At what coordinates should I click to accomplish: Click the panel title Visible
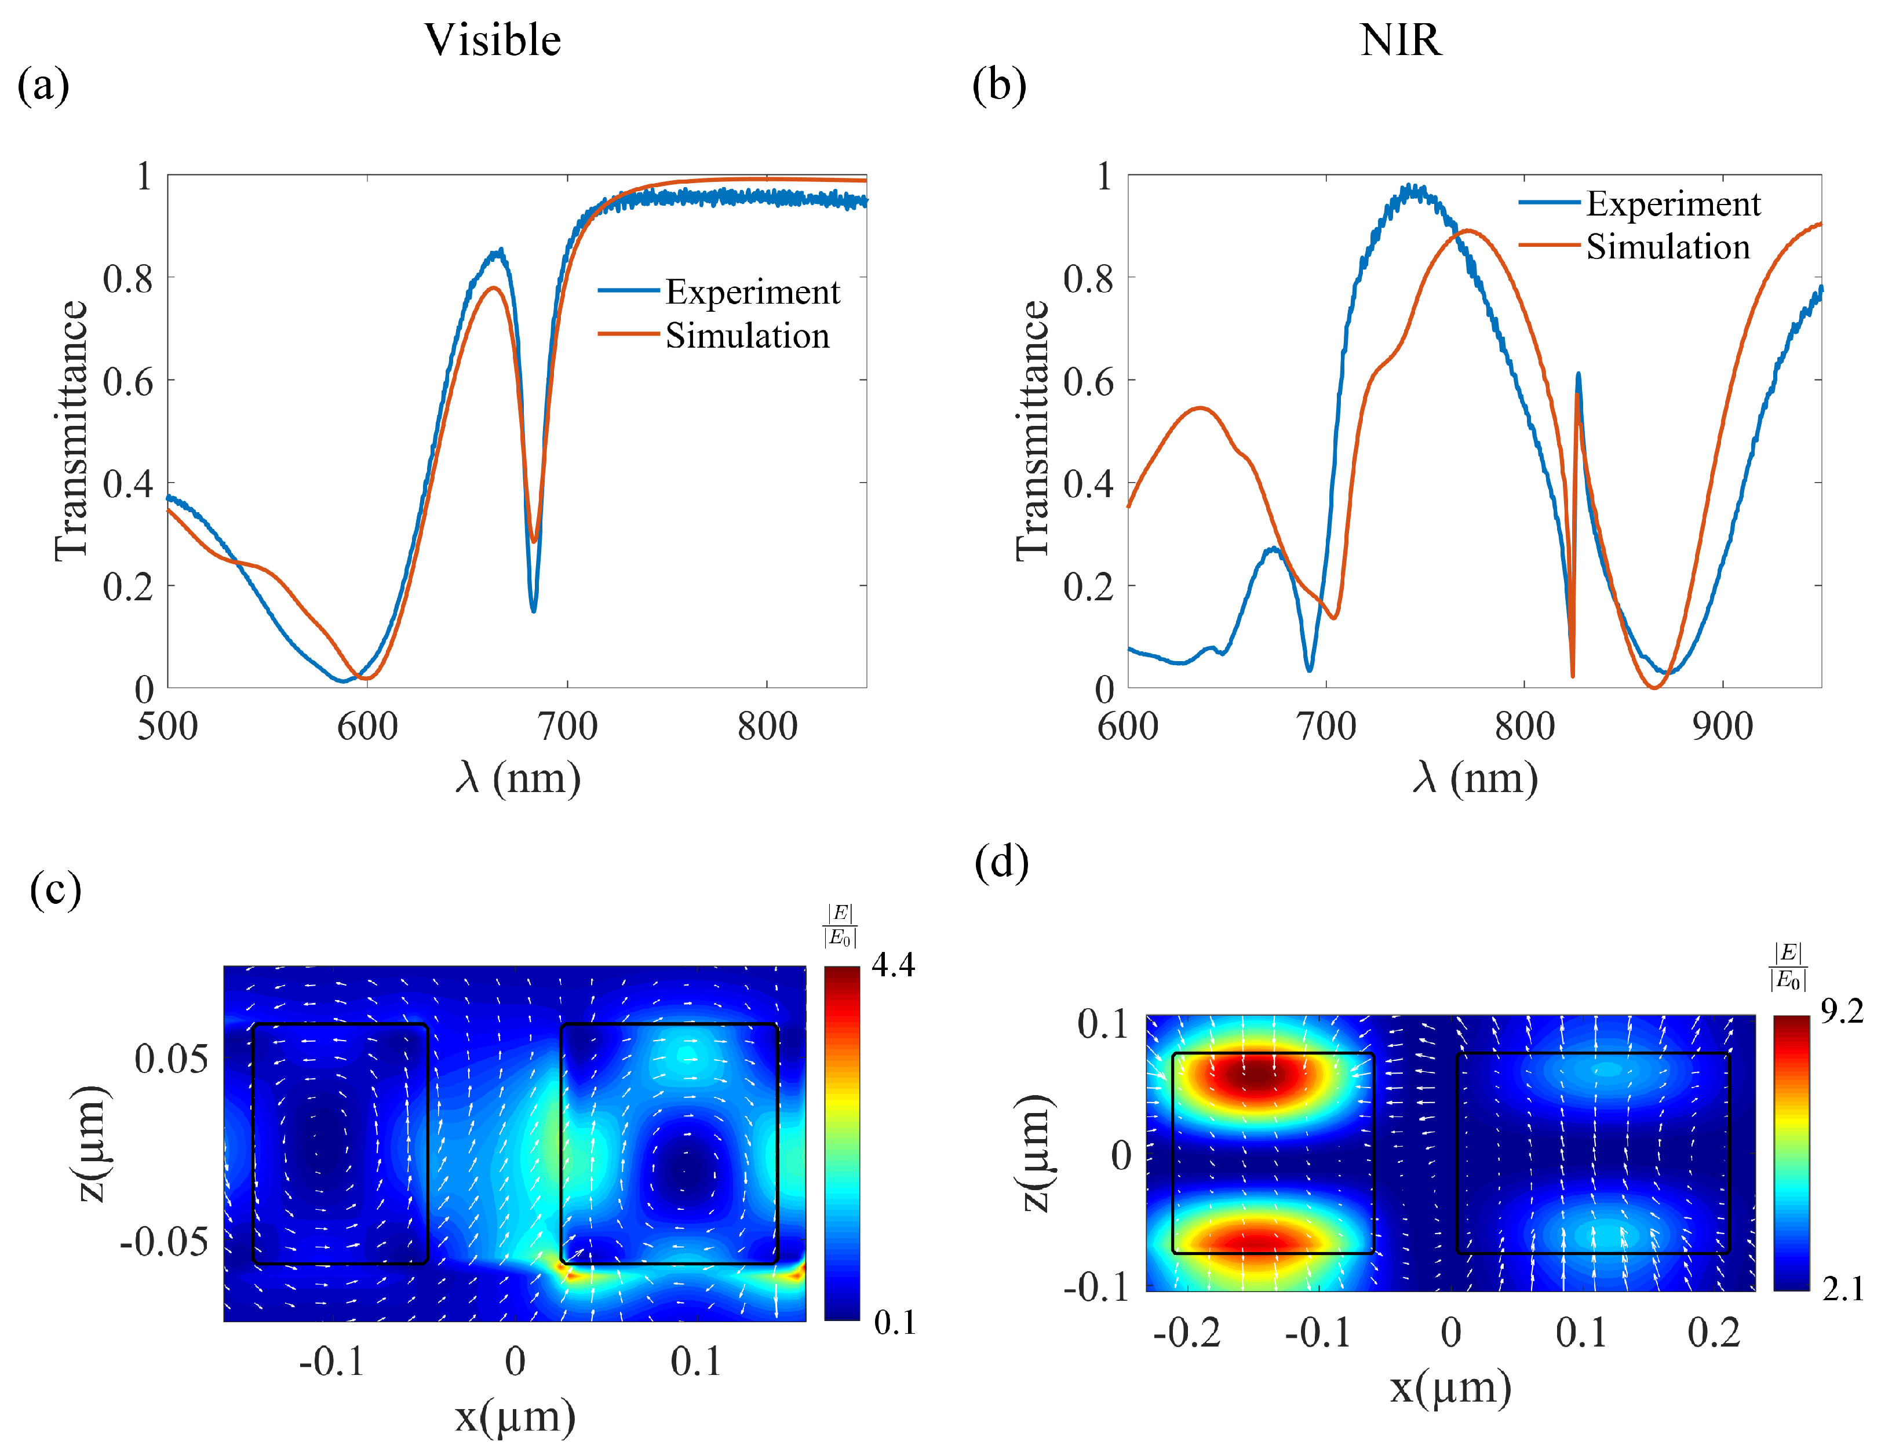(492, 41)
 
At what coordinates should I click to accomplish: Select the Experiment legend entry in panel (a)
(751, 292)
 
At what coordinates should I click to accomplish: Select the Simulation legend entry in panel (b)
(1667, 247)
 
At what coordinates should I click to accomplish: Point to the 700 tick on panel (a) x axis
(567, 726)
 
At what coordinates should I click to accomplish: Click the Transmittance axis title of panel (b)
(1032, 431)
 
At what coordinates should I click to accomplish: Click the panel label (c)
(55, 889)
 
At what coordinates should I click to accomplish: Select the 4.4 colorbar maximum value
(893, 965)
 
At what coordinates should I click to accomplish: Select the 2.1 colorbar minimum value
(1842, 1289)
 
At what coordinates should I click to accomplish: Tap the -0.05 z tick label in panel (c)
(163, 1242)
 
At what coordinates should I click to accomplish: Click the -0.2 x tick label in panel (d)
(1186, 1333)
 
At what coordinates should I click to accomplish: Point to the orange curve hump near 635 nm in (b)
(1200, 408)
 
